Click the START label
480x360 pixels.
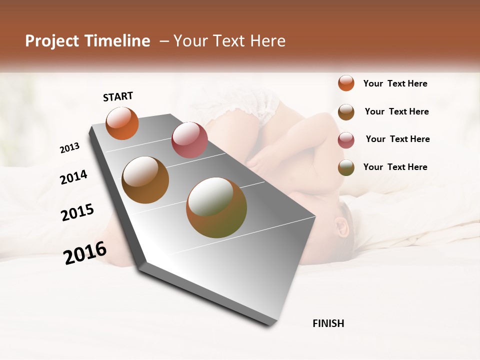pyautogui.click(x=118, y=96)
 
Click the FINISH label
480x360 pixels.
pyautogui.click(x=328, y=323)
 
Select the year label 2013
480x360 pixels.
pyautogui.click(x=70, y=147)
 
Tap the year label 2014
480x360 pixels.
pyautogui.click(x=73, y=177)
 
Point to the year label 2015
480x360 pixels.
pyautogui.click(x=77, y=212)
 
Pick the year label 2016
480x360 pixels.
pyautogui.click(x=85, y=253)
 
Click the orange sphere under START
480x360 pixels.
pyautogui.click(x=122, y=123)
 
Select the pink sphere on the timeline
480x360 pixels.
pyautogui.click(x=189, y=140)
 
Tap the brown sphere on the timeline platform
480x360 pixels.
pyautogui.click(x=145, y=180)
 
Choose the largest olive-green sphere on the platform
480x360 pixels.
pyautogui.click(x=216, y=207)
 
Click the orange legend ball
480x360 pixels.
pyautogui.click(x=346, y=83)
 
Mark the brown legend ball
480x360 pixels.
pyautogui.click(x=346, y=112)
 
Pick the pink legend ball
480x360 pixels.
pyautogui.click(x=346, y=140)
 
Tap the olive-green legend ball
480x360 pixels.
pyautogui.click(x=346, y=167)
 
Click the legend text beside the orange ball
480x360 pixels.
pyautogui.click(x=395, y=83)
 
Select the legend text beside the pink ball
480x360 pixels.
pyautogui.click(x=397, y=139)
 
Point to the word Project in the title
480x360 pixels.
pyautogui.click(x=52, y=41)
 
